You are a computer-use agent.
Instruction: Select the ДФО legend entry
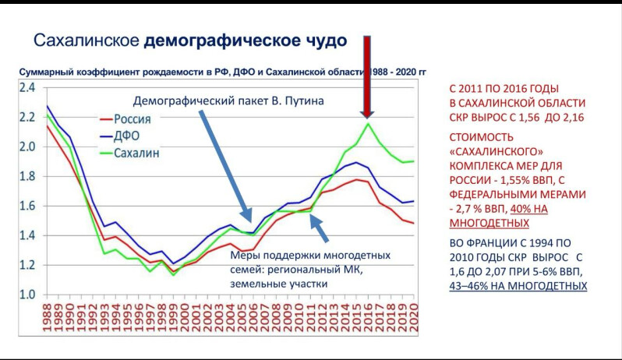click(x=129, y=136)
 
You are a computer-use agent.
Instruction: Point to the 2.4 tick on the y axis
click(x=27, y=88)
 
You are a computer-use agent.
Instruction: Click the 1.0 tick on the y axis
click(x=27, y=295)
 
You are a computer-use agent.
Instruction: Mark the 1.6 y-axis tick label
click(x=27, y=206)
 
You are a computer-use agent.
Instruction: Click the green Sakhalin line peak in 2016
click(x=368, y=124)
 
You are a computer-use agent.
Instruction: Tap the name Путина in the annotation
click(x=299, y=101)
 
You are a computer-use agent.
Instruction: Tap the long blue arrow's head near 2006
click(x=249, y=219)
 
